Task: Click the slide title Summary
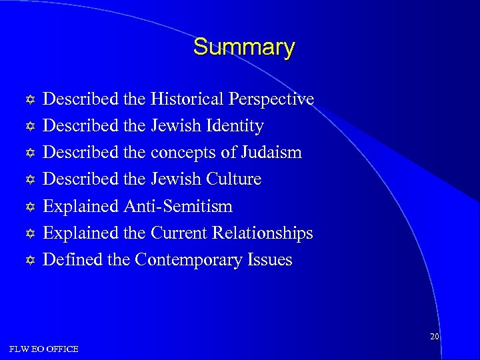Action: click(x=243, y=47)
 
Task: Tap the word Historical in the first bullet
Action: click(x=187, y=99)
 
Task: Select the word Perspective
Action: click(x=271, y=99)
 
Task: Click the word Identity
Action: click(x=237, y=126)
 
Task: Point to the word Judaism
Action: click(x=272, y=153)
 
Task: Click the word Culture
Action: click(x=235, y=179)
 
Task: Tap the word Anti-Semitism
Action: click(x=178, y=206)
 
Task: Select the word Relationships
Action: click(x=263, y=233)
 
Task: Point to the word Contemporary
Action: click(x=190, y=259)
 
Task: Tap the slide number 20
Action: click(x=434, y=337)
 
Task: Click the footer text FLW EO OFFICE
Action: click(x=43, y=349)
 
